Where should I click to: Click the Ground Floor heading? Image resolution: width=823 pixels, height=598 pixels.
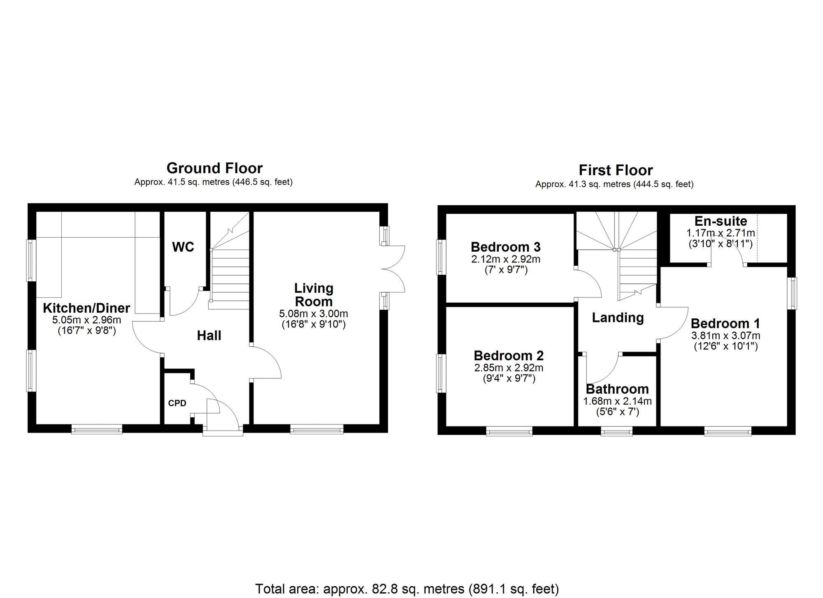pos(214,168)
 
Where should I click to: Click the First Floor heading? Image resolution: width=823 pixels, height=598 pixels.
pos(616,170)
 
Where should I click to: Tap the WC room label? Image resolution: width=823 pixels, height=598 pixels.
pos(183,247)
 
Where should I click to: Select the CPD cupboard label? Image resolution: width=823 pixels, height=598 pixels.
pos(177,403)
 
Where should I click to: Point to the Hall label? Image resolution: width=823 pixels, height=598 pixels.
pos(209,336)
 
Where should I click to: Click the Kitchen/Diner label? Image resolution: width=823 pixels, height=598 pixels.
pos(86,308)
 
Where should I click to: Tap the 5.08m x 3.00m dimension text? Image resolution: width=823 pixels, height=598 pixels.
pos(314,314)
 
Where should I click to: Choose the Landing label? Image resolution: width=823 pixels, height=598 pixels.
pos(618,318)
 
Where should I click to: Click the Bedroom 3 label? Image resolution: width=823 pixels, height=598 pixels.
pos(505,247)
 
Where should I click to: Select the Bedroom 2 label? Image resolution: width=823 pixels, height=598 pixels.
pos(509,355)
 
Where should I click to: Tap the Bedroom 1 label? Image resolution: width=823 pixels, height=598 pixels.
pos(725,323)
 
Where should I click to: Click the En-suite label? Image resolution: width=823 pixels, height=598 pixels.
pos(721,221)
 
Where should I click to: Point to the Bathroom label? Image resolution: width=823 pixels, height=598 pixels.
pos(617,389)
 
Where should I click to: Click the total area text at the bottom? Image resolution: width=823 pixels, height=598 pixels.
pos(407,589)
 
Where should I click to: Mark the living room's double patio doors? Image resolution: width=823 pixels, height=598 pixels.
pos(393,269)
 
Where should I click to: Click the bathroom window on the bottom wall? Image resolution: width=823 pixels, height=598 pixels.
pos(616,431)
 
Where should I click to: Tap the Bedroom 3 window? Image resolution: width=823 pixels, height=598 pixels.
pos(441,257)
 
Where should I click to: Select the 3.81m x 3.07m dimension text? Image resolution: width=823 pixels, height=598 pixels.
pos(726,335)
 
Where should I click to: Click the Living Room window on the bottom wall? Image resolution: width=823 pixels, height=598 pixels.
pos(316,429)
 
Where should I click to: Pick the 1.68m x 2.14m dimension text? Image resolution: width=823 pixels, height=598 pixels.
pos(617,401)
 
